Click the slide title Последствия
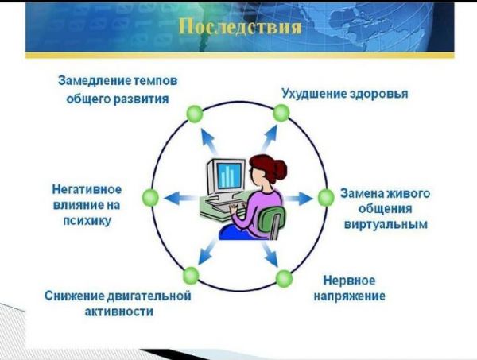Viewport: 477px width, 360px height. (240, 27)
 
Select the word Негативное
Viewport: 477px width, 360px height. (87, 189)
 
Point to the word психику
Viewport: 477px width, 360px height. (87, 221)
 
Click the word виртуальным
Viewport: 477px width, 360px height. (386, 224)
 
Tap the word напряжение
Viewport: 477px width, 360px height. (349, 296)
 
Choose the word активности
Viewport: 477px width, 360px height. (119, 312)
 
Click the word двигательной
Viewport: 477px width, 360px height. (149, 296)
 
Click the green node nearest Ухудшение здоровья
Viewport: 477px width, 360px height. (281, 113)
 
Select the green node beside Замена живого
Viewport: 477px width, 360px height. (326, 198)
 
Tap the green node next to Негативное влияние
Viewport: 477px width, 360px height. (150, 197)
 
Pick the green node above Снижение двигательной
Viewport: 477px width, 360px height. (191, 276)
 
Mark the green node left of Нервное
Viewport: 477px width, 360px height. (284, 278)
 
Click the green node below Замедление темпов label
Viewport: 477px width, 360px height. (195, 114)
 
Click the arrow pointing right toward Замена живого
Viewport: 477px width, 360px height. (298, 199)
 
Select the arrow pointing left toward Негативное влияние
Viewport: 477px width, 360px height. (179, 199)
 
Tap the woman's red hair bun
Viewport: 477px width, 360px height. (280, 168)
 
